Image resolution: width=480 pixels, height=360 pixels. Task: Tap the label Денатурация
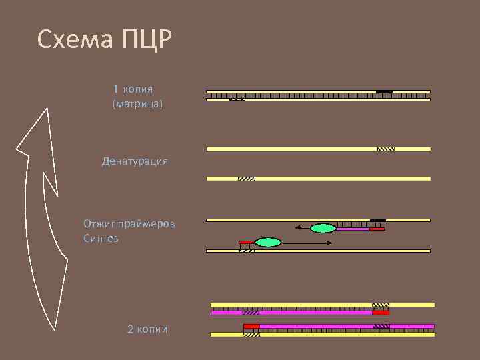(x=135, y=161)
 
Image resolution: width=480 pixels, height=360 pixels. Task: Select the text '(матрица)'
(x=138, y=104)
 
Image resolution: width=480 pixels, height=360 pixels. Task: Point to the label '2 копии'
(x=147, y=329)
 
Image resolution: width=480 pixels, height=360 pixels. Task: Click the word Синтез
(x=101, y=238)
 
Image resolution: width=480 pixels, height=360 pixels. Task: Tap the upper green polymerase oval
(x=323, y=228)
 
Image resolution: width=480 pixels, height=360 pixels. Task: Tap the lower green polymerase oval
(x=267, y=243)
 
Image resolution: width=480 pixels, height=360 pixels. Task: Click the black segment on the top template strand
(x=384, y=91)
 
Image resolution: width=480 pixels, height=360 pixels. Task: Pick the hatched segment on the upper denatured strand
(x=386, y=149)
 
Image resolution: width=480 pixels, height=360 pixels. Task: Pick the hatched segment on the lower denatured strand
(x=246, y=179)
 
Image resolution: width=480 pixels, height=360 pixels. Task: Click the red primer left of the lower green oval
(x=246, y=242)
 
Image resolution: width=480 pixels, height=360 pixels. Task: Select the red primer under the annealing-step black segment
(x=377, y=229)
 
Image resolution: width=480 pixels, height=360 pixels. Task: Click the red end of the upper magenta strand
(x=381, y=312)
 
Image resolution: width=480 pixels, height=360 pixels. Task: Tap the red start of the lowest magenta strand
(x=251, y=326)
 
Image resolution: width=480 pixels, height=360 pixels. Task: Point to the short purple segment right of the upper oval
(x=352, y=229)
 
